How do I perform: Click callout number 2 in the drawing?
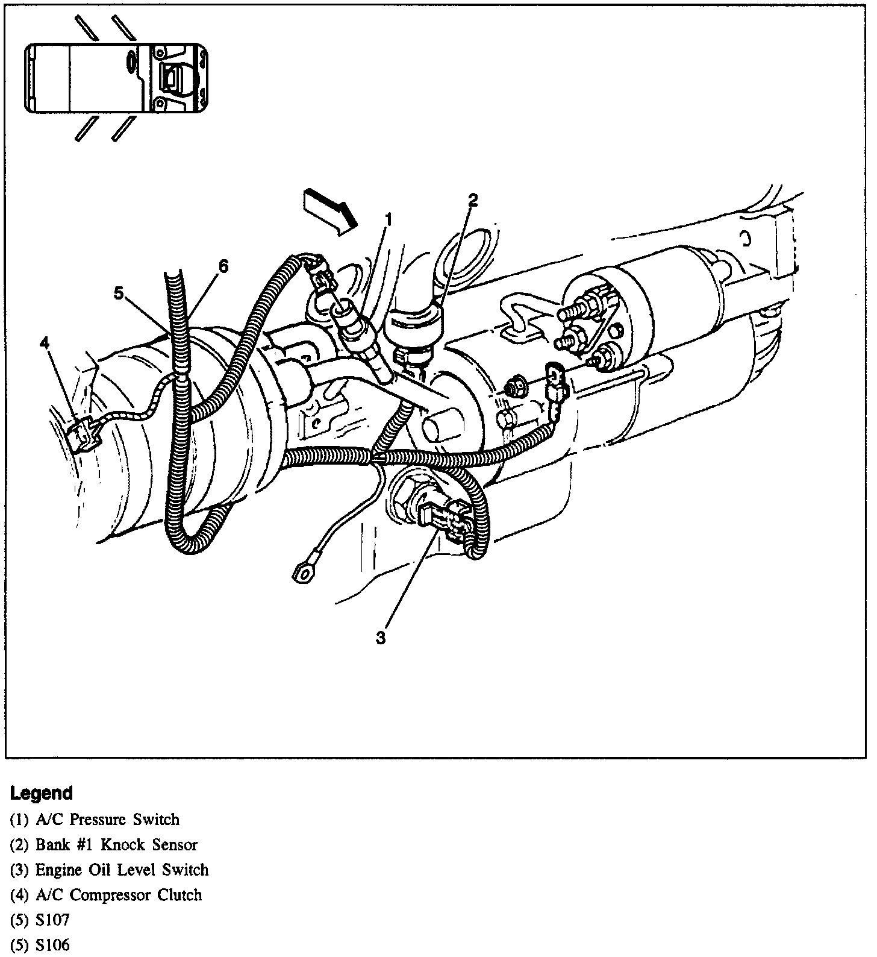tap(473, 200)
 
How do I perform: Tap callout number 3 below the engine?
tap(380, 638)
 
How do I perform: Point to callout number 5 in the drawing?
tap(119, 293)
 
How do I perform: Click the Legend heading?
tap(41, 792)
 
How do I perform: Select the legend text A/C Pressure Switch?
tap(107, 820)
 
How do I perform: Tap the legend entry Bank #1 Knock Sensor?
tap(116, 845)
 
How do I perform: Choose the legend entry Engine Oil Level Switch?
tap(121, 870)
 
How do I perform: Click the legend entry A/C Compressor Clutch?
tap(118, 895)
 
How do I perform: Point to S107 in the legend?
tap(52, 920)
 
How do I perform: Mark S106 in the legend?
tap(52, 946)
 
